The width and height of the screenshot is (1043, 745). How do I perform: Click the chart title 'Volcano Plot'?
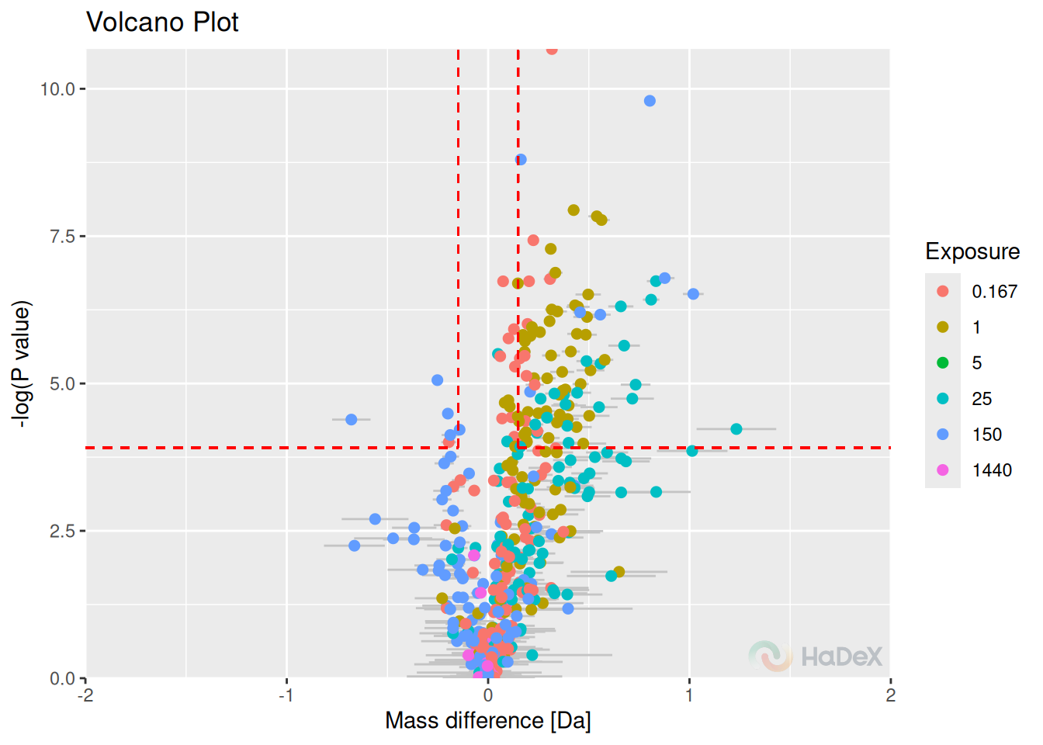click(162, 22)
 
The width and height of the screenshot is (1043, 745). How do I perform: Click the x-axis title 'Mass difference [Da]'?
click(487, 721)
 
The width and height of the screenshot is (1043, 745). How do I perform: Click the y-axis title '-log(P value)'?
click(22, 365)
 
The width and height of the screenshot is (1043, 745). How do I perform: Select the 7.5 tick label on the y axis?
click(62, 237)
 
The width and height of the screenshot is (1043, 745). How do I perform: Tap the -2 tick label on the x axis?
click(85, 695)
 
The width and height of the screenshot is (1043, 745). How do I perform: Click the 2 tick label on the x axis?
click(890, 695)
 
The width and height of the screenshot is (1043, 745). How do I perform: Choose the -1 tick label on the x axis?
click(286, 695)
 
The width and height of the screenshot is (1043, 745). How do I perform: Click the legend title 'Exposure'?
click(972, 251)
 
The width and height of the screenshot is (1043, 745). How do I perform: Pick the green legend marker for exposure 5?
click(942, 362)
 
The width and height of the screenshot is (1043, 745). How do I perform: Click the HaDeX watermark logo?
click(816, 656)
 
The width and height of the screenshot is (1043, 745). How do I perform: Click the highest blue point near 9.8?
click(650, 101)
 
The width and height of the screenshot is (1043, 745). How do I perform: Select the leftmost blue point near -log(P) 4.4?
click(351, 420)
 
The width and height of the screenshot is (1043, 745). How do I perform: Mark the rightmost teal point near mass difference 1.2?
click(736, 429)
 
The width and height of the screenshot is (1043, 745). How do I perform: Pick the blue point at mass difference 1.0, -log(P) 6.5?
click(693, 294)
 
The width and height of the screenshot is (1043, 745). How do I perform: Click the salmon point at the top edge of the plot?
click(552, 50)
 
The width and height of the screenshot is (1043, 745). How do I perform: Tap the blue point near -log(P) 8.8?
click(521, 160)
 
